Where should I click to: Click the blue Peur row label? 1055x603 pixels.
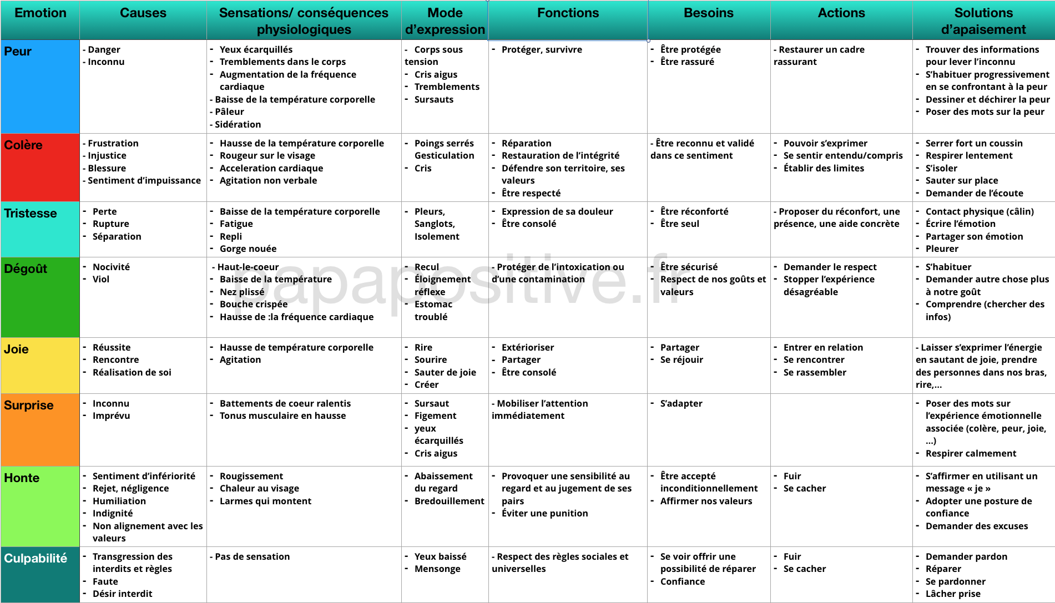(18, 52)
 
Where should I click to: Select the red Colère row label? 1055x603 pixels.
(23, 145)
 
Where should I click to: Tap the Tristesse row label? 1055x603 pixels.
(31, 214)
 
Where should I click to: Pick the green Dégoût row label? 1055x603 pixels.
(26, 269)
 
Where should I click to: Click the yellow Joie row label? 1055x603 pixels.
(16, 349)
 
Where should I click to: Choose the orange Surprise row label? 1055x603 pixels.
(29, 406)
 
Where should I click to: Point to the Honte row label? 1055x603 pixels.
(22, 478)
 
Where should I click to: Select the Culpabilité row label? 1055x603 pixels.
(36, 559)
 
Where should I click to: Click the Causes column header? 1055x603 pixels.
(143, 13)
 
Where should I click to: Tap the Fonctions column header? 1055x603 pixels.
(568, 13)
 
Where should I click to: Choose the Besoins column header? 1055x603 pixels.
(709, 13)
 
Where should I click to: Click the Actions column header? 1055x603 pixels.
(841, 13)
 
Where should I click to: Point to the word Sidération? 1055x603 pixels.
(238, 125)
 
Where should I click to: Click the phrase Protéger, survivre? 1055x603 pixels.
(542, 50)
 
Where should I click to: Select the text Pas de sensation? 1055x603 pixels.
(252, 557)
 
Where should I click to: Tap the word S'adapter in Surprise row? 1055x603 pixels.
(681, 404)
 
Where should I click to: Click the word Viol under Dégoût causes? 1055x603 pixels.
(101, 280)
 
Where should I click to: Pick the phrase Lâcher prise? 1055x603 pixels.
(953, 594)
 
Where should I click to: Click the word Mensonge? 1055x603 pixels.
(437, 569)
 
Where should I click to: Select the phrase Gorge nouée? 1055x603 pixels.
(248, 249)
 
